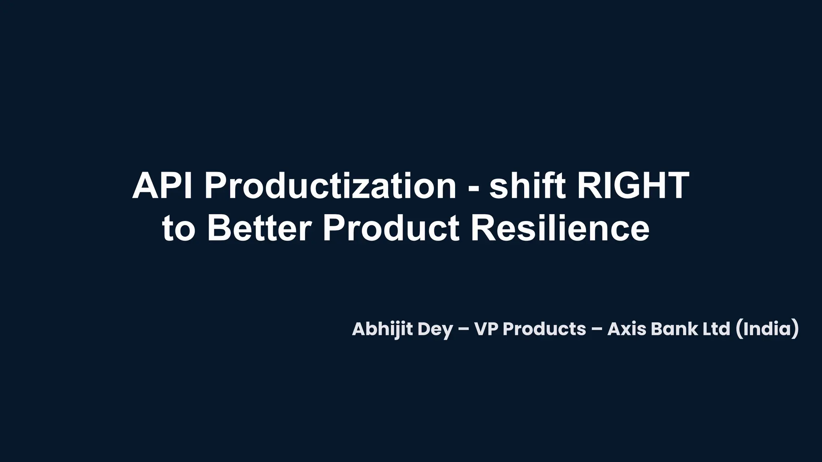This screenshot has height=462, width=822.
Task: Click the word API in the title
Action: pos(162,186)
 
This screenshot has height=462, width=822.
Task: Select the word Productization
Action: pos(330,186)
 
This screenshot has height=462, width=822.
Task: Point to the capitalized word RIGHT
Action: pos(633,186)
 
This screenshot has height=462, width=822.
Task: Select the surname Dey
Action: pos(435,329)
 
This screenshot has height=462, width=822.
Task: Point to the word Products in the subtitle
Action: pos(544,329)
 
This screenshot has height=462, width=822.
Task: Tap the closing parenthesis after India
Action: pos(795,329)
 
